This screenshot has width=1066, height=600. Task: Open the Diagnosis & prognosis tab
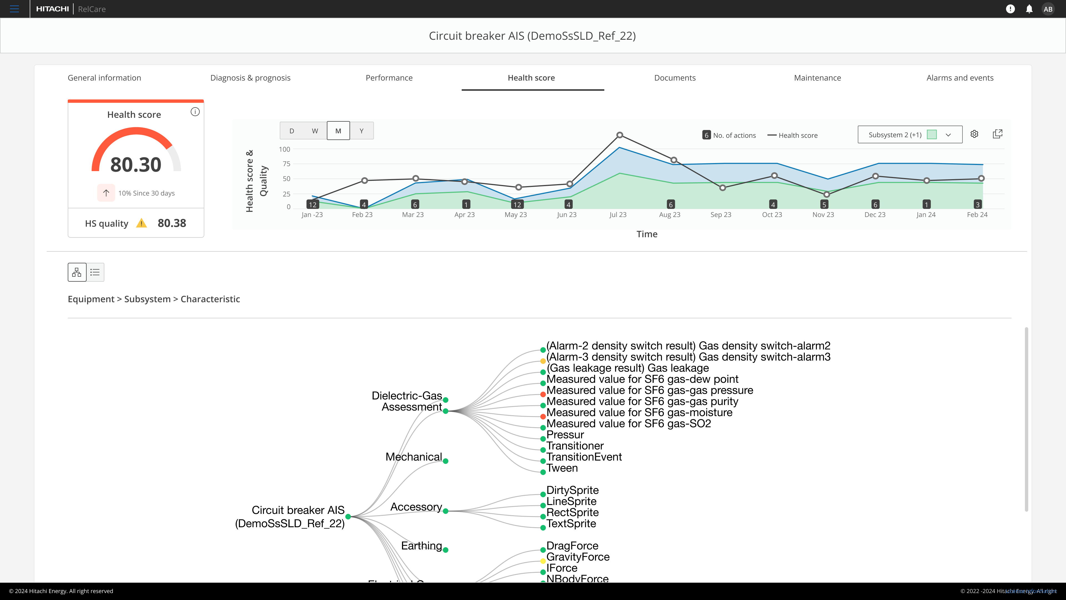tap(250, 78)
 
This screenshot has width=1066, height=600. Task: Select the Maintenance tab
tap(817, 78)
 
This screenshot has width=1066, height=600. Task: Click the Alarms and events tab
tap(960, 78)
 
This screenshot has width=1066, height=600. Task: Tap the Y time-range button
tap(361, 131)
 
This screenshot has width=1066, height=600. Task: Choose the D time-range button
tap(292, 131)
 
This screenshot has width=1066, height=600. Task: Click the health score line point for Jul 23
tap(620, 135)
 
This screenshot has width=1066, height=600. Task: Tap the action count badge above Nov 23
tap(824, 204)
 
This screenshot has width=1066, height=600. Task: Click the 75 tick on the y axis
tap(286, 164)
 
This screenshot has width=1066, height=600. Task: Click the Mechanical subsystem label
tap(413, 457)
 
